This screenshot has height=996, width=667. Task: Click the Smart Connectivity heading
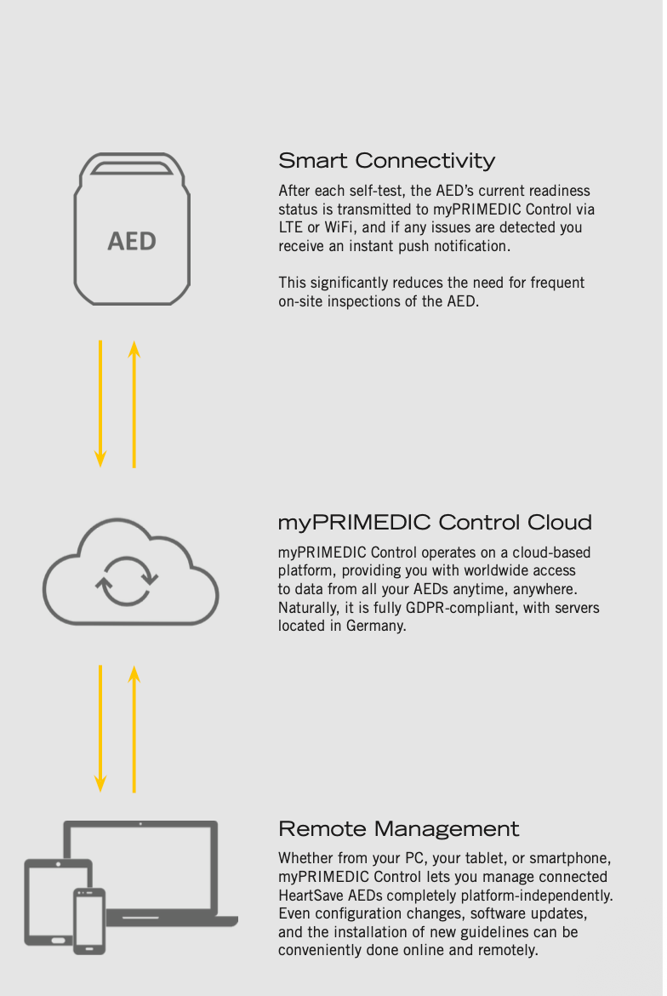tap(386, 161)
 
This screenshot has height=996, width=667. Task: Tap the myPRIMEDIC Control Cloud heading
tap(435, 522)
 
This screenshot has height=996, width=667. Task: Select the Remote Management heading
tap(398, 828)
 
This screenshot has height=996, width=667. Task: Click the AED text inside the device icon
tap(132, 242)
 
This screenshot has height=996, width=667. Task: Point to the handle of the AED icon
tap(132, 167)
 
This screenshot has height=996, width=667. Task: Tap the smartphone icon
tap(89, 921)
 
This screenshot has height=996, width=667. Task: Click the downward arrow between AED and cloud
tap(100, 404)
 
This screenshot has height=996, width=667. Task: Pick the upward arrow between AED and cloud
tap(134, 404)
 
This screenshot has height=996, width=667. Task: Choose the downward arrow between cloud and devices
tap(100, 729)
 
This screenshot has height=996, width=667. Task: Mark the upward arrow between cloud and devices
tap(134, 729)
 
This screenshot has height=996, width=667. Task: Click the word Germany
tap(376, 627)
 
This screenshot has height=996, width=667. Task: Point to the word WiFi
tap(339, 227)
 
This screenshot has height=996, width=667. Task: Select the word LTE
tap(291, 227)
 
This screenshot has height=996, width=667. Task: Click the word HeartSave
tap(311, 896)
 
